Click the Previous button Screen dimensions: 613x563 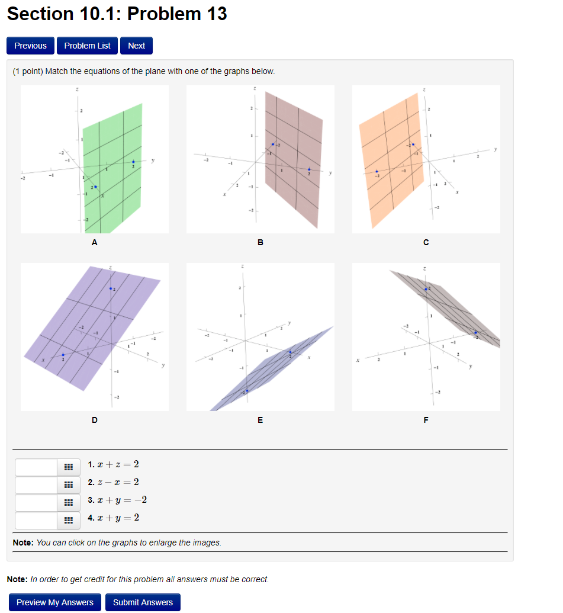(30, 46)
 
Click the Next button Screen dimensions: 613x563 (136, 46)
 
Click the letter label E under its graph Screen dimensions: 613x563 (260, 420)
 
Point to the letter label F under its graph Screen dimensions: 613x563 (426, 420)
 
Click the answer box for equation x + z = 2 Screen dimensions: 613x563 (36, 467)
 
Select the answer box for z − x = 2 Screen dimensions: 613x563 (36, 485)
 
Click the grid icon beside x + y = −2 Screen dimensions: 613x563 (67, 503)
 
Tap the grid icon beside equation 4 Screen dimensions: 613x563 (67, 521)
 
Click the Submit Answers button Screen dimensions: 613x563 (143, 602)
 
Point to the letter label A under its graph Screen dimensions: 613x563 (94, 242)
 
